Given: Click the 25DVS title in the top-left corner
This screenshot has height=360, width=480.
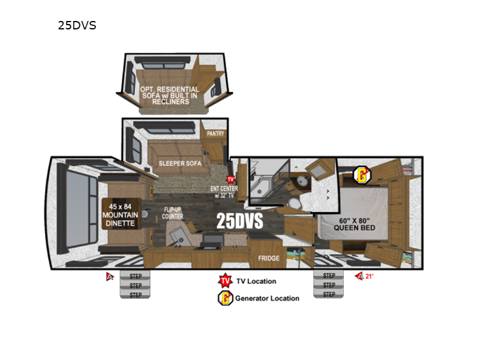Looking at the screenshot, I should (x=77, y=26).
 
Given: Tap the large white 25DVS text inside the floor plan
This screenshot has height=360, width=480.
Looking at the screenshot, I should (x=239, y=221).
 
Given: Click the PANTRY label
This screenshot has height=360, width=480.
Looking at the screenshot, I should (x=215, y=133).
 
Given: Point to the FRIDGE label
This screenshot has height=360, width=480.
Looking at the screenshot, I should (x=268, y=258).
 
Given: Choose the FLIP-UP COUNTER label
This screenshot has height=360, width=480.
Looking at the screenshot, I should (x=173, y=213).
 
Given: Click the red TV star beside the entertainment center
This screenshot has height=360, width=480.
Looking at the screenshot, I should (x=230, y=179).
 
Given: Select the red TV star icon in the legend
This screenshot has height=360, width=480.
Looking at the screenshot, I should (x=224, y=281).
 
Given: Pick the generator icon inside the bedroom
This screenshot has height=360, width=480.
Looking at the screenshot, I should (x=361, y=175).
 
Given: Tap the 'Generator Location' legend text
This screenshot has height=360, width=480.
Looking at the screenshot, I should (x=267, y=298).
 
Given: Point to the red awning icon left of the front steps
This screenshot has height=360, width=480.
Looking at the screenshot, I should (x=110, y=277).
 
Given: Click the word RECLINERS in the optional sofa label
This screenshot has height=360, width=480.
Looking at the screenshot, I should (x=170, y=102).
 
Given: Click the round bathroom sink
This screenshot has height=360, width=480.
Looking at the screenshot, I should (x=301, y=182).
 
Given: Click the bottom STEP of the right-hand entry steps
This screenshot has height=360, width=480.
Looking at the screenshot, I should (x=329, y=294).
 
